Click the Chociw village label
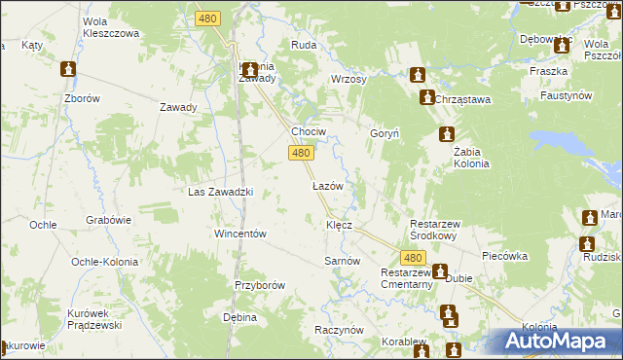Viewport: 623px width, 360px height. (x=309, y=131)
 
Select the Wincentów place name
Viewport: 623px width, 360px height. (x=240, y=234)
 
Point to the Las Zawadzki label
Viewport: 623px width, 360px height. (x=220, y=192)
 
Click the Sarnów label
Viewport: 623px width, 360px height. (x=342, y=261)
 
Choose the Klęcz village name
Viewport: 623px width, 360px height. (x=338, y=225)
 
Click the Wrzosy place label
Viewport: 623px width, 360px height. (x=348, y=79)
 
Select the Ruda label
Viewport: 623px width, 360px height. (x=303, y=45)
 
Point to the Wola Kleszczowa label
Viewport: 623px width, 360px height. (x=112, y=26)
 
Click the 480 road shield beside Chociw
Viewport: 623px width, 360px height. (x=301, y=153)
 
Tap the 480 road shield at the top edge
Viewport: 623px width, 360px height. (x=207, y=18)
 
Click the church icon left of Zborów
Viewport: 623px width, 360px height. (x=68, y=69)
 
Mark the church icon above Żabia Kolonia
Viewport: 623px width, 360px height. (x=446, y=134)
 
